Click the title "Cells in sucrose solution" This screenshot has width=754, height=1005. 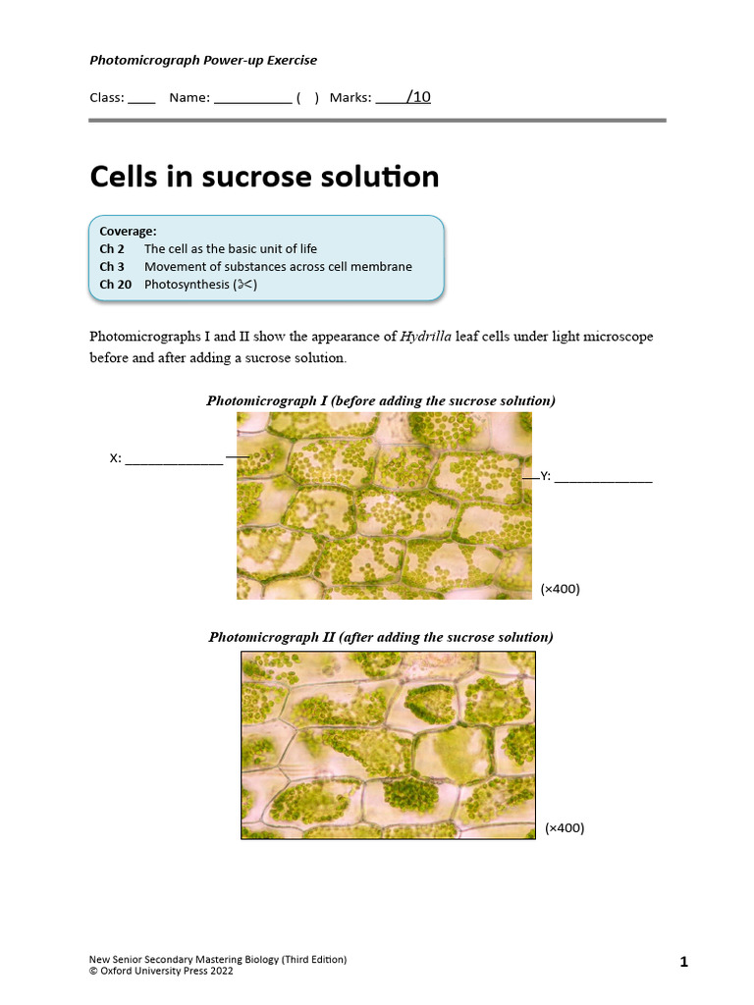click(264, 177)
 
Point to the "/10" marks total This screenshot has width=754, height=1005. click(416, 97)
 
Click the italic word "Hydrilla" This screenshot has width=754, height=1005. click(425, 337)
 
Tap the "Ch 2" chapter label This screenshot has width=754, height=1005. click(112, 249)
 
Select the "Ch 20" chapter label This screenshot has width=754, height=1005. click(115, 285)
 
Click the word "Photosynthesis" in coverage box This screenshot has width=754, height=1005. click(187, 285)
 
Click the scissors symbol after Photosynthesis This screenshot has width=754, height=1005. click(244, 285)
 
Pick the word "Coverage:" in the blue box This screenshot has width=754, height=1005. click(128, 232)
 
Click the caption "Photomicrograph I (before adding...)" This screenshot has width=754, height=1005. click(381, 400)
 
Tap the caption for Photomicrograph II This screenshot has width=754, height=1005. click(381, 637)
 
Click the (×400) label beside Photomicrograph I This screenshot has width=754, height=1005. click(561, 589)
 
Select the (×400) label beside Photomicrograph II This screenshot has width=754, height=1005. click(565, 827)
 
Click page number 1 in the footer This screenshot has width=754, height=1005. click(683, 963)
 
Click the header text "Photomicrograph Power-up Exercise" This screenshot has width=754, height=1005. click(203, 60)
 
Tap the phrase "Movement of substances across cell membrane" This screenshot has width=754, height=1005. click(278, 267)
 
